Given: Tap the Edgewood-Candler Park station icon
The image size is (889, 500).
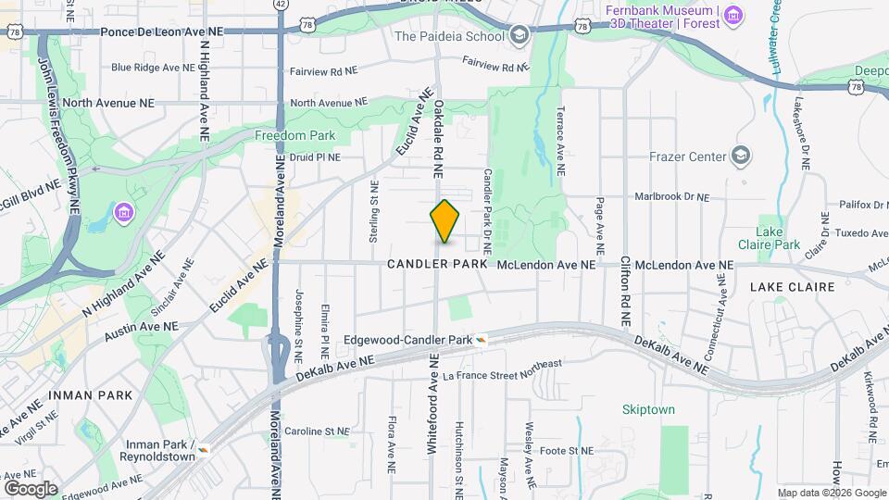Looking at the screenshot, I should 482,340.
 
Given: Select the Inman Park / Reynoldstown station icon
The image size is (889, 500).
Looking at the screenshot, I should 203,449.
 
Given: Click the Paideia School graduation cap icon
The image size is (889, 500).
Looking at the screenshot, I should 519,36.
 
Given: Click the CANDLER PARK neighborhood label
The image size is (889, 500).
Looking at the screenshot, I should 437,265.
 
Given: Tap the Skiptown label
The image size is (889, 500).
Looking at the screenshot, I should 648,409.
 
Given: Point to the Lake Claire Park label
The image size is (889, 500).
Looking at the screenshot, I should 769,238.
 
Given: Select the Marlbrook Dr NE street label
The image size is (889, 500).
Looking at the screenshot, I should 670,197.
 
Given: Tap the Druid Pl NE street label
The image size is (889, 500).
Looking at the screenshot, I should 315,157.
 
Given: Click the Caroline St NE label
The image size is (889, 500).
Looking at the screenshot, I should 317,431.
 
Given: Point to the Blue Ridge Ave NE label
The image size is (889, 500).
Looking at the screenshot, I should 153,68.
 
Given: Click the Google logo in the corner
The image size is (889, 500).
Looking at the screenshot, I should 31,488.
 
